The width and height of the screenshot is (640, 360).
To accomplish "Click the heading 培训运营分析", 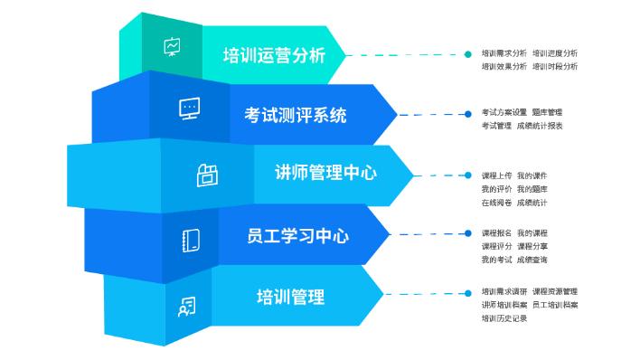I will [x=274, y=55].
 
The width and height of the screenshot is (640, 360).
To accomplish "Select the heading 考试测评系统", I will [x=295, y=115].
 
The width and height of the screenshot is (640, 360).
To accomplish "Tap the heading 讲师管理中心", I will [x=325, y=173].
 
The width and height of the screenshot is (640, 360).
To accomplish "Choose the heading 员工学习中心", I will [x=297, y=237].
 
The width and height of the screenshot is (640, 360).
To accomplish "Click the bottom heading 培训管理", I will [x=290, y=297].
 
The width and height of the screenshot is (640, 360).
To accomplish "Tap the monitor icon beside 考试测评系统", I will [x=189, y=109].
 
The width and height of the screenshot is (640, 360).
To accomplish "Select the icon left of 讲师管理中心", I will [x=207, y=175].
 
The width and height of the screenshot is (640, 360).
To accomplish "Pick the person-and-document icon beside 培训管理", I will [x=186, y=307].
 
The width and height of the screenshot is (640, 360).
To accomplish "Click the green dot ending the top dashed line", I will [x=467, y=53].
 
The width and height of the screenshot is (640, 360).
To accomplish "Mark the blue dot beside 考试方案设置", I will [x=467, y=114].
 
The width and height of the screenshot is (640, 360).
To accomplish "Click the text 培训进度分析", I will [x=555, y=53].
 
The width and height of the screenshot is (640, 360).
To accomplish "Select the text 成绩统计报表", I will [x=540, y=126].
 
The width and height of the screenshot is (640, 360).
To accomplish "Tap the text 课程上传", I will [x=496, y=175].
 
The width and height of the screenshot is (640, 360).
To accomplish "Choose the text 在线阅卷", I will [x=496, y=203].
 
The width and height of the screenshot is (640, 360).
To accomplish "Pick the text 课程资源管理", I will [x=555, y=292].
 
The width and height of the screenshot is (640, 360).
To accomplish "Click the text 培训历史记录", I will [x=504, y=318].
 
